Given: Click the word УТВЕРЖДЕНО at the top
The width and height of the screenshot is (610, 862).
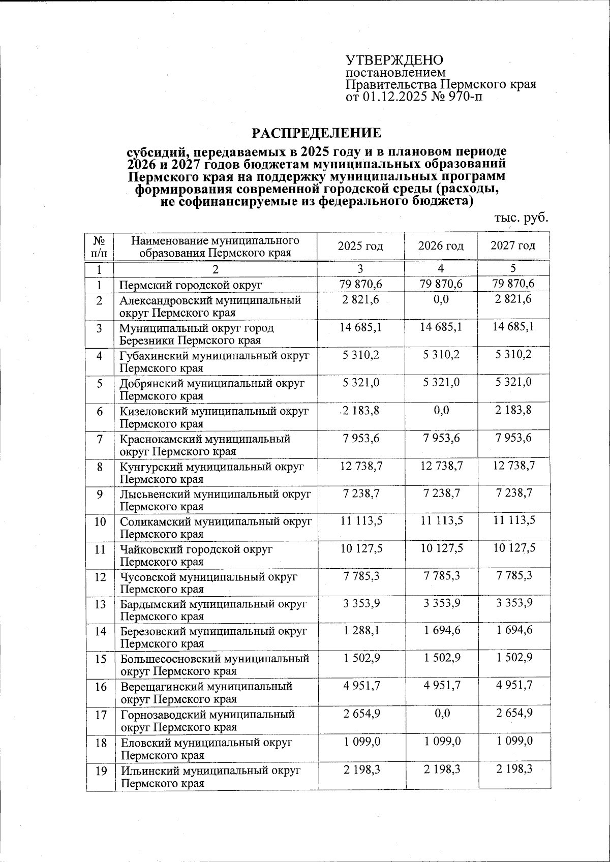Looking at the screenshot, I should pos(394,60).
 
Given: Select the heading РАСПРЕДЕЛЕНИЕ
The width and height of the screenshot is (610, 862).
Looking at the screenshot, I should pos(316,133).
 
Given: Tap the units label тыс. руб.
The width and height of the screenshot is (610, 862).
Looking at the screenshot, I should pos(522,218).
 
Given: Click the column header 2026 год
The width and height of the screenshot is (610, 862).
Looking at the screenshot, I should pos(441,246).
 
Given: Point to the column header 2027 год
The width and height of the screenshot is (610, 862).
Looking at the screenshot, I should pos(513,246).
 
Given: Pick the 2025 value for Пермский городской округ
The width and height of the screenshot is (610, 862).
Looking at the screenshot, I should pos(361,284).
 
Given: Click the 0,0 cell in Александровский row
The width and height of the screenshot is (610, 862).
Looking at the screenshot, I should pos(441,300).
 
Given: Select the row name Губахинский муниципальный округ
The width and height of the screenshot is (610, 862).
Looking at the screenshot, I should pos(215,356).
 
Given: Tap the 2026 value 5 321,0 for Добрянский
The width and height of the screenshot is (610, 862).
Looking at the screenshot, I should pos(441,383).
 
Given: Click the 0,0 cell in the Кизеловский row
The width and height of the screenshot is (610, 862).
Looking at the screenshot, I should pos(441,410).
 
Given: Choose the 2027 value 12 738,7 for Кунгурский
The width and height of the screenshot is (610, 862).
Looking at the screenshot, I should pos(513,466).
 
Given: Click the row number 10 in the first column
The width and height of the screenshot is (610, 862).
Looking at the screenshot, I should pos(100,521).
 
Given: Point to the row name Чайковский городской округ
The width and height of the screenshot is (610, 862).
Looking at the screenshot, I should pos(197,549).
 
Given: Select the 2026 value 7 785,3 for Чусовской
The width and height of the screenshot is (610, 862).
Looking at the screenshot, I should pos(441,576).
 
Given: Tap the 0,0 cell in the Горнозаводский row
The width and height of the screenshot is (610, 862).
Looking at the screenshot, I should pos(441,714).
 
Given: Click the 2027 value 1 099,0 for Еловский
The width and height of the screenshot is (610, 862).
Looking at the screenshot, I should pos(513,741).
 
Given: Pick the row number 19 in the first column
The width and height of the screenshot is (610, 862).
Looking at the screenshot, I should pos(101,771).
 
